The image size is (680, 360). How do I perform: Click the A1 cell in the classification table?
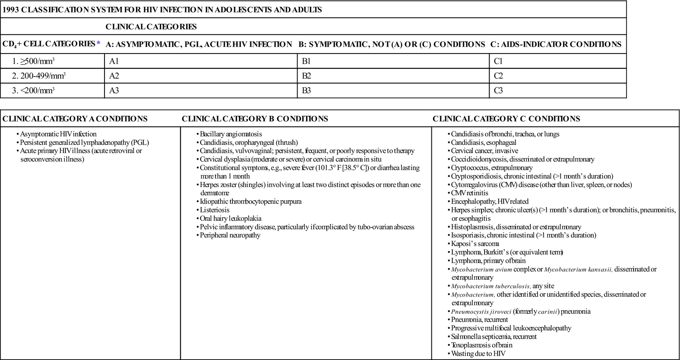point(114,61)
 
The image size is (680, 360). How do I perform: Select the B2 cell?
point(306,76)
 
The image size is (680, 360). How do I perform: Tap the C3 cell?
point(499,91)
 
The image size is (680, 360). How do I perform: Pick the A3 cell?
point(114,91)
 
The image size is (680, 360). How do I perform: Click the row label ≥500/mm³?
point(37,61)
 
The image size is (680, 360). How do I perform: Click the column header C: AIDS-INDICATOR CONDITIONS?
point(555,44)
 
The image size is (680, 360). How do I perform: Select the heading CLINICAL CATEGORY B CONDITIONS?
point(255,119)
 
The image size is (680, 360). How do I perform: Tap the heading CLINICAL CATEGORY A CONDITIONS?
point(75,119)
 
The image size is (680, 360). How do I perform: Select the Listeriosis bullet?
point(215,210)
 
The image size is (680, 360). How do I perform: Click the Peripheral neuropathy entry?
point(230,235)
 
